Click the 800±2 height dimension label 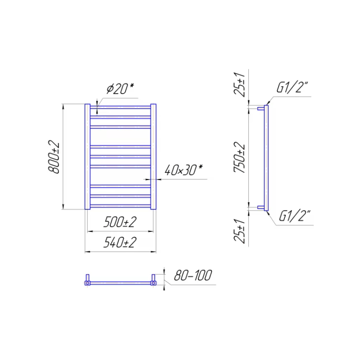coord(54,157)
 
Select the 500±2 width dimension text coord(120,222)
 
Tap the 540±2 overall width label coord(120,243)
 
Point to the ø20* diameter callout coord(120,89)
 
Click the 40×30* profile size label coord(184,170)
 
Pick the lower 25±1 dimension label coord(239,231)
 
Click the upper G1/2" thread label coord(292,87)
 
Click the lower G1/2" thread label coord(295,216)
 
